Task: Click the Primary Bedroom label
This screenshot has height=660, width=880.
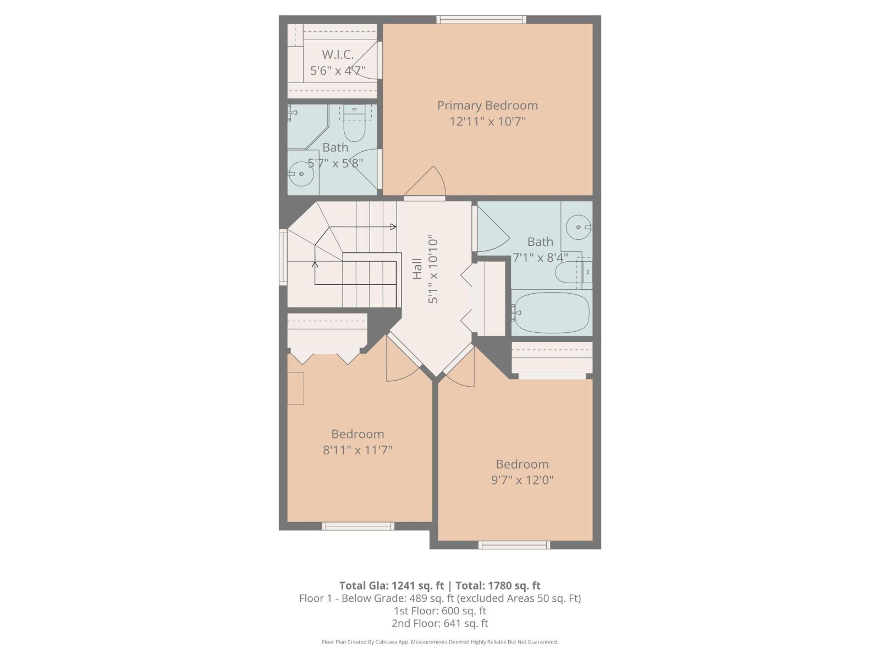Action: click(x=487, y=105)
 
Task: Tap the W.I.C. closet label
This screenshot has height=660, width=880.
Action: click(x=338, y=54)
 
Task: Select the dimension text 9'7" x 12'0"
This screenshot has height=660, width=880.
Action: click(x=522, y=480)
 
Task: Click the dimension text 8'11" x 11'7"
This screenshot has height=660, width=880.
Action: click(x=358, y=450)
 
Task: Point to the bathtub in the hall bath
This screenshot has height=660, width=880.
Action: click(x=552, y=312)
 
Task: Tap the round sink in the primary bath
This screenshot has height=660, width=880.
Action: click(x=301, y=174)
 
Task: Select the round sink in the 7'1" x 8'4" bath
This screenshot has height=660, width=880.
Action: click(x=578, y=227)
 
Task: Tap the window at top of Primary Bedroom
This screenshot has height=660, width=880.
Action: click(x=481, y=20)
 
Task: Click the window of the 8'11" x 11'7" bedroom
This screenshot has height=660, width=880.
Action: click(x=358, y=526)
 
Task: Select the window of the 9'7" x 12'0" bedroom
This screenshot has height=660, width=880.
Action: click(x=514, y=545)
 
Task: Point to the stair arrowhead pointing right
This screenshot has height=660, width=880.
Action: click(x=393, y=227)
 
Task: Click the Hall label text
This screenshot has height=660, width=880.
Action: click(x=417, y=268)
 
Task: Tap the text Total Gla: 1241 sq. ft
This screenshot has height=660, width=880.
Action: click(x=392, y=585)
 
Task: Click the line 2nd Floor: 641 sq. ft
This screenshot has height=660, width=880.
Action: click(x=440, y=623)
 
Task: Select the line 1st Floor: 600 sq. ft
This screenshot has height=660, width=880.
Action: click(x=440, y=610)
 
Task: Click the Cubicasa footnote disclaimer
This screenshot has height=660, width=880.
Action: click(x=440, y=642)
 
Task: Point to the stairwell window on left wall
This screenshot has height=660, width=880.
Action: click(x=283, y=257)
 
